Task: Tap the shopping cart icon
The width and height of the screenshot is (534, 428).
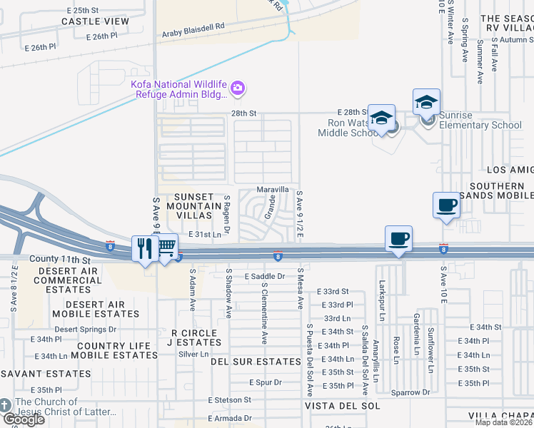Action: (x=166, y=247)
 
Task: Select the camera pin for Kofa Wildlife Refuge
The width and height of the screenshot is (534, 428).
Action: (x=238, y=89)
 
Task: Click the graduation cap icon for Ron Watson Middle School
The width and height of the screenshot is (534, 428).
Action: (x=381, y=118)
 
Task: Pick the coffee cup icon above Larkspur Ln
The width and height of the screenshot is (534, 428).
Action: (x=398, y=238)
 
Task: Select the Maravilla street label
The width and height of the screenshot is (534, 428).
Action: (x=273, y=190)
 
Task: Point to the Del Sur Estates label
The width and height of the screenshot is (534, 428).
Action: (x=256, y=362)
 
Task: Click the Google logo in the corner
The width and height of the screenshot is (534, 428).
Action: (x=24, y=419)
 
